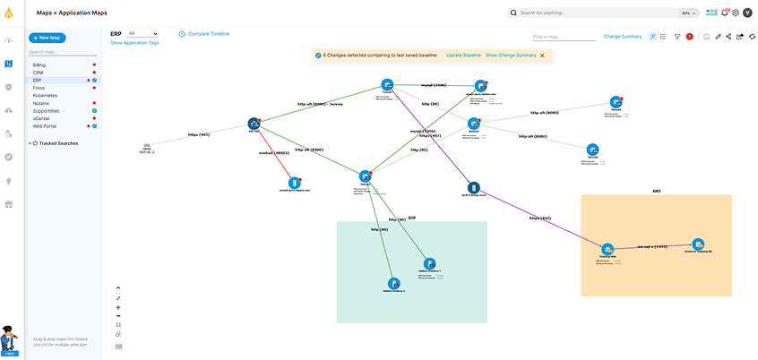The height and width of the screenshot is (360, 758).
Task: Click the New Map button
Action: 47,38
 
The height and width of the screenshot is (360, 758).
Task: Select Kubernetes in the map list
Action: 46,95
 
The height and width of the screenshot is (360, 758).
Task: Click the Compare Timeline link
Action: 208,34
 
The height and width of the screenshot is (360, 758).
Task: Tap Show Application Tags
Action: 134,42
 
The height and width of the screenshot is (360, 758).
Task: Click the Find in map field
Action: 563,37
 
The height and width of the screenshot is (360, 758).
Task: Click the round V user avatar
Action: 747,13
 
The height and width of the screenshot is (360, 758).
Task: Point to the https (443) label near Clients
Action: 199,134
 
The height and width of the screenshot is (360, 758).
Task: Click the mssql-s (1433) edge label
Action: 651,244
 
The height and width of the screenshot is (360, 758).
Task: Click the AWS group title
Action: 656,191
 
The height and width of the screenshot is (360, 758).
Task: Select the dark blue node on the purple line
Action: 475,188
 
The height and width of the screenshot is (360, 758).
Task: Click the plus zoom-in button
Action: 118,307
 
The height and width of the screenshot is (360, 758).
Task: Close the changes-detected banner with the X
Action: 542,56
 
